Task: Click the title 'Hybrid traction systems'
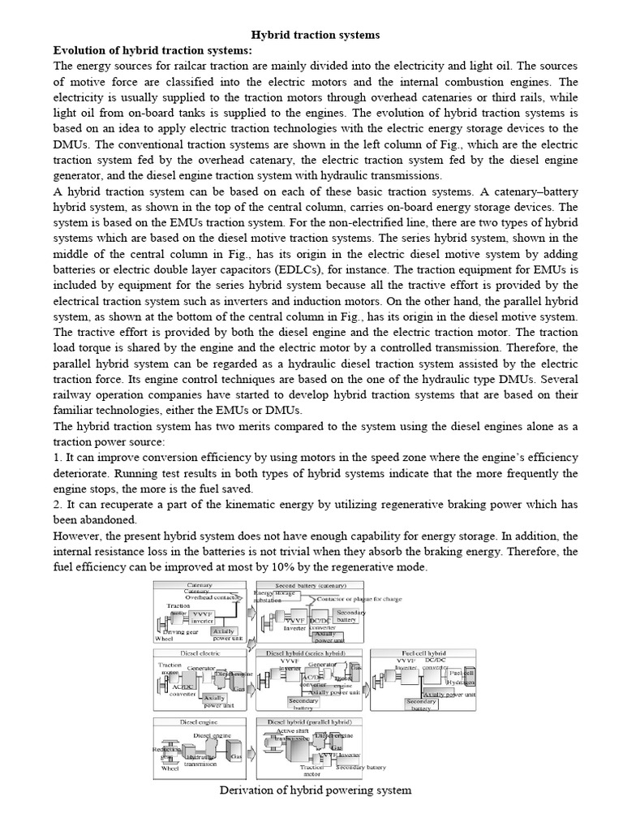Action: coord(315,36)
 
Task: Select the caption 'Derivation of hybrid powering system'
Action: coord(315,790)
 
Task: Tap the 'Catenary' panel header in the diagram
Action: coord(200,584)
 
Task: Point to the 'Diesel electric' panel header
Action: coord(200,652)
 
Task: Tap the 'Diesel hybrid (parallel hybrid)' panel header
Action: coord(309,720)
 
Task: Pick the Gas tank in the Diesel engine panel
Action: coord(234,751)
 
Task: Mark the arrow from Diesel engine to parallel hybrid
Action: coord(251,751)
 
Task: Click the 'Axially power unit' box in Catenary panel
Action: coord(226,634)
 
